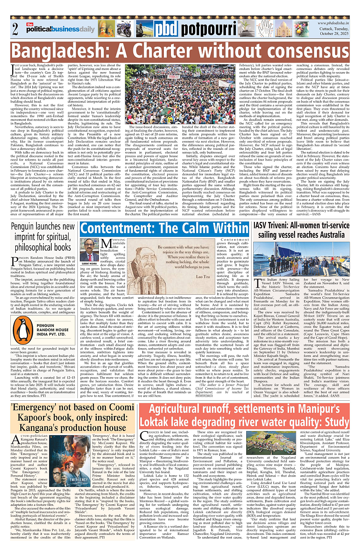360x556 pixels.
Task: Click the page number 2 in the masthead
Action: tap(15, 29)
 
